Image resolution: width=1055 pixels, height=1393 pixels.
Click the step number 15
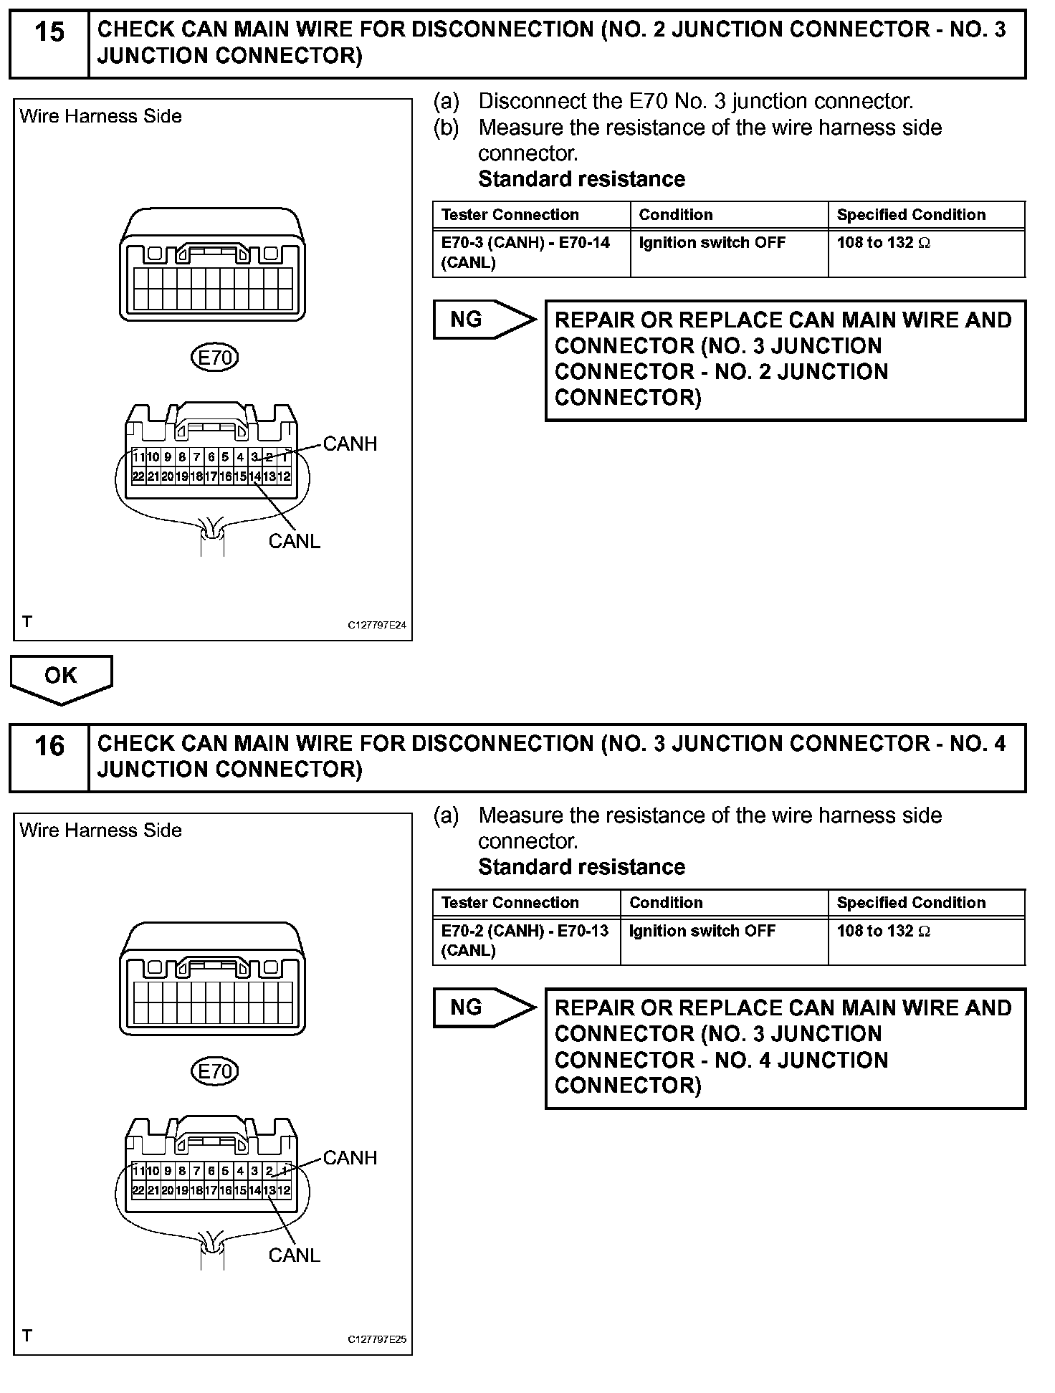[49, 33]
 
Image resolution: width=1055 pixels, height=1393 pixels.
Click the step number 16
[49, 747]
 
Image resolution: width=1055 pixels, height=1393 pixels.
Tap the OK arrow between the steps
[61, 677]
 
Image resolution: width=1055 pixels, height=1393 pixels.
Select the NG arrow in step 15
[484, 320]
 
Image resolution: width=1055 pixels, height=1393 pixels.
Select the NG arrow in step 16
[484, 1007]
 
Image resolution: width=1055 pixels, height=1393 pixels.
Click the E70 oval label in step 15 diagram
[214, 357]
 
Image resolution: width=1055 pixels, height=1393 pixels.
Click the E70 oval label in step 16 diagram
[214, 1071]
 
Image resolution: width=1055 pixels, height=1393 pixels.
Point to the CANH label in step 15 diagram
[350, 444]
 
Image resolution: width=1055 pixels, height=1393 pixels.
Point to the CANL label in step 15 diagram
[294, 542]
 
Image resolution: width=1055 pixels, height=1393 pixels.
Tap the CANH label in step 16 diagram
[350, 1158]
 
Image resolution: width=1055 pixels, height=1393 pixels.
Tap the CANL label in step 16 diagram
[294, 1255]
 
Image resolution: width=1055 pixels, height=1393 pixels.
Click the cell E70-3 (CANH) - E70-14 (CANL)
[526, 252]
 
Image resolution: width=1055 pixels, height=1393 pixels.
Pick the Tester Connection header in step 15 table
[510, 215]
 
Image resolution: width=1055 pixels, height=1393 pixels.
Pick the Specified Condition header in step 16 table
[911, 903]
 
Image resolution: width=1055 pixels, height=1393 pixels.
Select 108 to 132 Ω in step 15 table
[883, 243]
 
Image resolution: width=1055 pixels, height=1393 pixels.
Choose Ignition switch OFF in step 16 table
[702, 931]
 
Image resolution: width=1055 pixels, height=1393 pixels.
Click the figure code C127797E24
[377, 626]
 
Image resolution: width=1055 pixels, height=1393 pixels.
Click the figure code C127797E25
[377, 1339]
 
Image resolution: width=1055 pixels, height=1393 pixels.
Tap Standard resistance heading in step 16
[581, 867]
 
